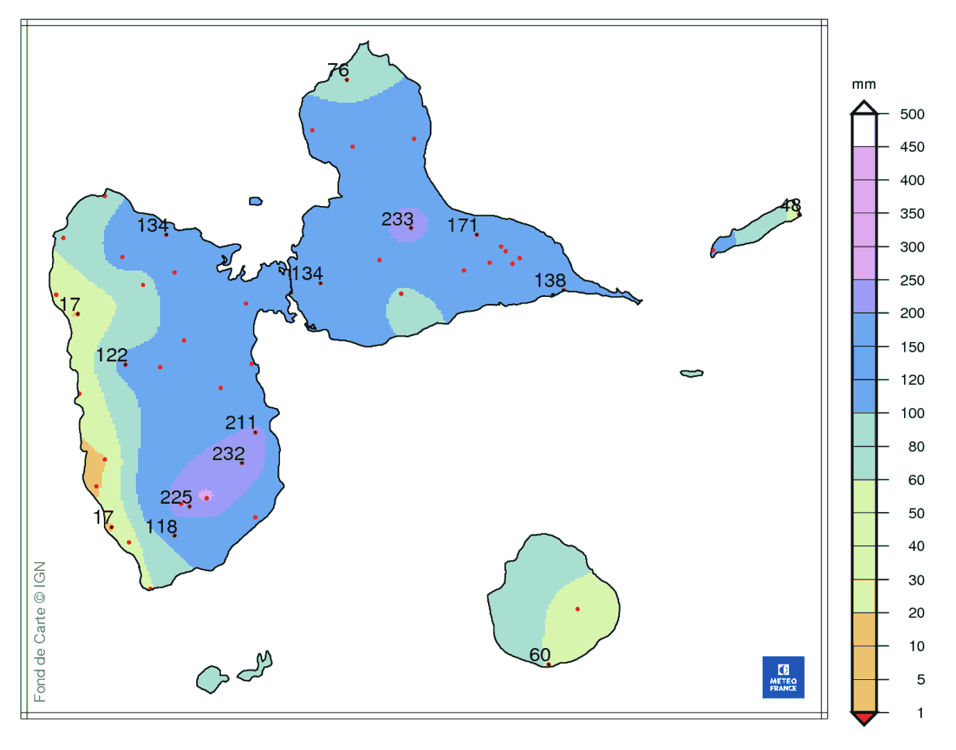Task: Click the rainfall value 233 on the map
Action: [x=397, y=219]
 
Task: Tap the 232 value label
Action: [x=229, y=454]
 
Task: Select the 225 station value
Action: [x=176, y=497]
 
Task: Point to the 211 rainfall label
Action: [x=241, y=423]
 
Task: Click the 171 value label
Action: [x=462, y=225]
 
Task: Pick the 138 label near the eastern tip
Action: [x=550, y=280]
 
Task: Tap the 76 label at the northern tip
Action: [x=338, y=70]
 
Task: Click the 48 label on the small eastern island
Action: [x=790, y=205]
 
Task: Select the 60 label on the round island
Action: [x=539, y=655]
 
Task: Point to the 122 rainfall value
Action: [x=112, y=355]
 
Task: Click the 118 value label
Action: [x=162, y=527]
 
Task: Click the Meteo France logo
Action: [x=783, y=677]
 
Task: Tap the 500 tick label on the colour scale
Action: [x=912, y=114]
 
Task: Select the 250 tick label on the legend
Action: [x=912, y=280]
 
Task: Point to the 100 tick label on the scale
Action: [x=912, y=414]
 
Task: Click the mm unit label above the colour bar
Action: [x=864, y=85]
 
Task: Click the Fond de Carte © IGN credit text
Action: [x=40, y=631]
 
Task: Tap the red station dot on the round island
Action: [x=577, y=609]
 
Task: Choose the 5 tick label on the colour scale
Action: [x=921, y=680]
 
